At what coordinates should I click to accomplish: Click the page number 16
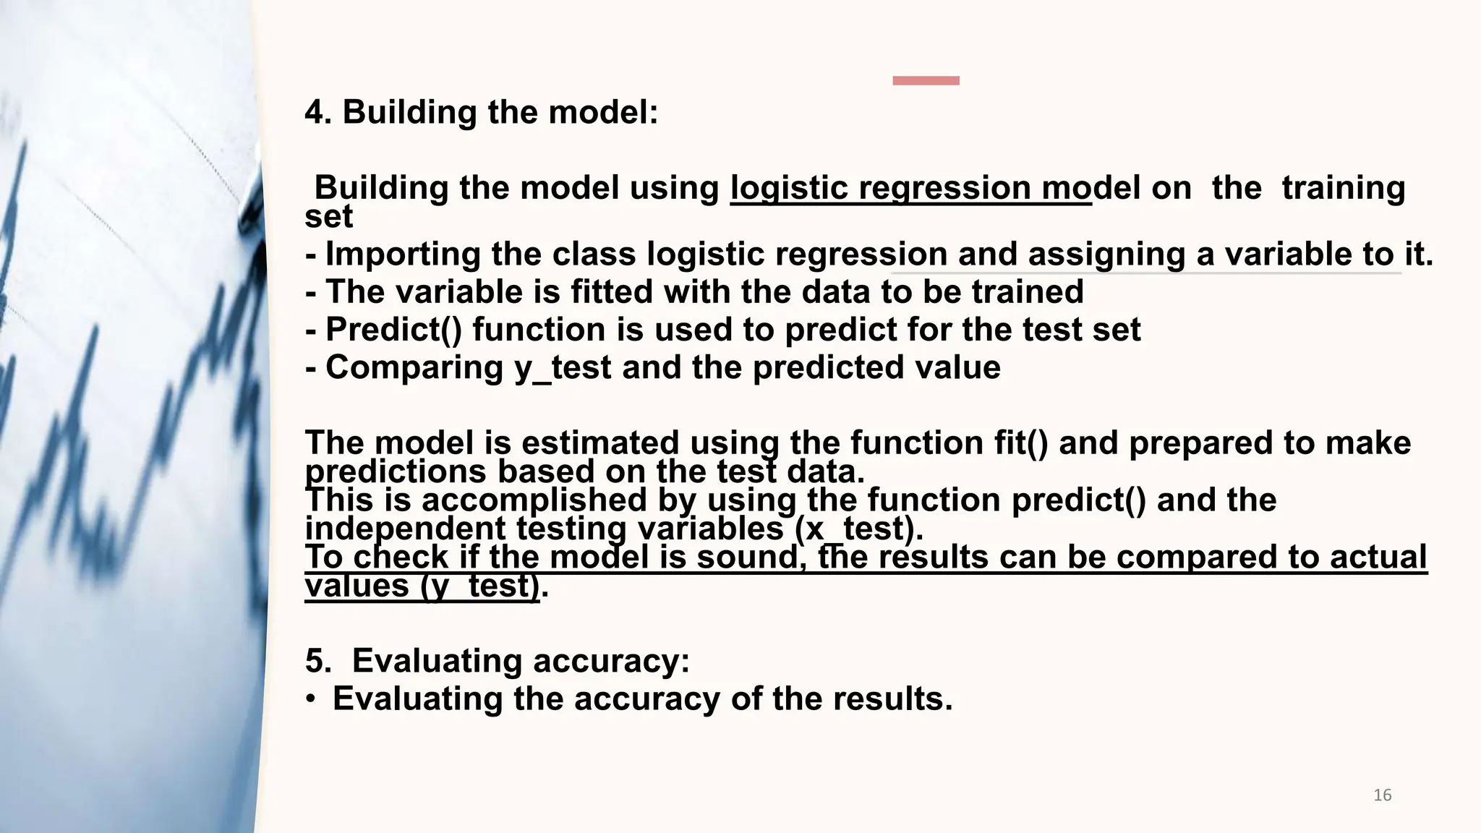[1382, 795]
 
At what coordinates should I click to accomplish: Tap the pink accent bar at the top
[926, 80]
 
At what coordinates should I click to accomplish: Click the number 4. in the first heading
[318, 113]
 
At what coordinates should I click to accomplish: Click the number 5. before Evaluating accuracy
[318, 661]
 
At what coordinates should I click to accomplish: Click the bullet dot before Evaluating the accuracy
[310, 699]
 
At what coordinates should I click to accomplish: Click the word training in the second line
[1343, 188]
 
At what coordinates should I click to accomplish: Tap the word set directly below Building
[329, 217]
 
